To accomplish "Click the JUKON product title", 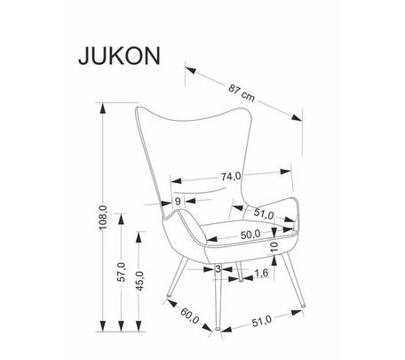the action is tap(119, 56).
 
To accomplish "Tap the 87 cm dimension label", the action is tap(242, 92).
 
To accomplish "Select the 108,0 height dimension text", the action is tap(103, 218).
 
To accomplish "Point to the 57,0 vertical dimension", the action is tap(121, 272).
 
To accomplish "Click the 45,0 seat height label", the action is tap(139, 281).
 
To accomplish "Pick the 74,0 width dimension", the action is tap(231, 177).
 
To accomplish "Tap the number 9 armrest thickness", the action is tap(178, 202).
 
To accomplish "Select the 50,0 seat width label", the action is tap(250, 235).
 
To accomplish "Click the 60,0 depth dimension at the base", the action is tap(190, 316).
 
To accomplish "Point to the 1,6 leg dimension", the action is tap(262, 273).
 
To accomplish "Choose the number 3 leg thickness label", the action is tap(218, 269).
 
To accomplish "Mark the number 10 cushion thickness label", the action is tap(274, 246).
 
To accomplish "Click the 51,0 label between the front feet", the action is tap(262, 321).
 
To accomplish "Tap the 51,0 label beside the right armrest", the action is tap(264, 213).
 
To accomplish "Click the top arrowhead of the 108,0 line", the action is tap(103, 108).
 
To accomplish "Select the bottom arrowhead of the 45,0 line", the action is tap(139, 325).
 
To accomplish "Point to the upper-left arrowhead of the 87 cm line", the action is tap(190, 70).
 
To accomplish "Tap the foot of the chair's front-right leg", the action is tap(303, 305).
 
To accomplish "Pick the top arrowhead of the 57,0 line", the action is tap(121, 219).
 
